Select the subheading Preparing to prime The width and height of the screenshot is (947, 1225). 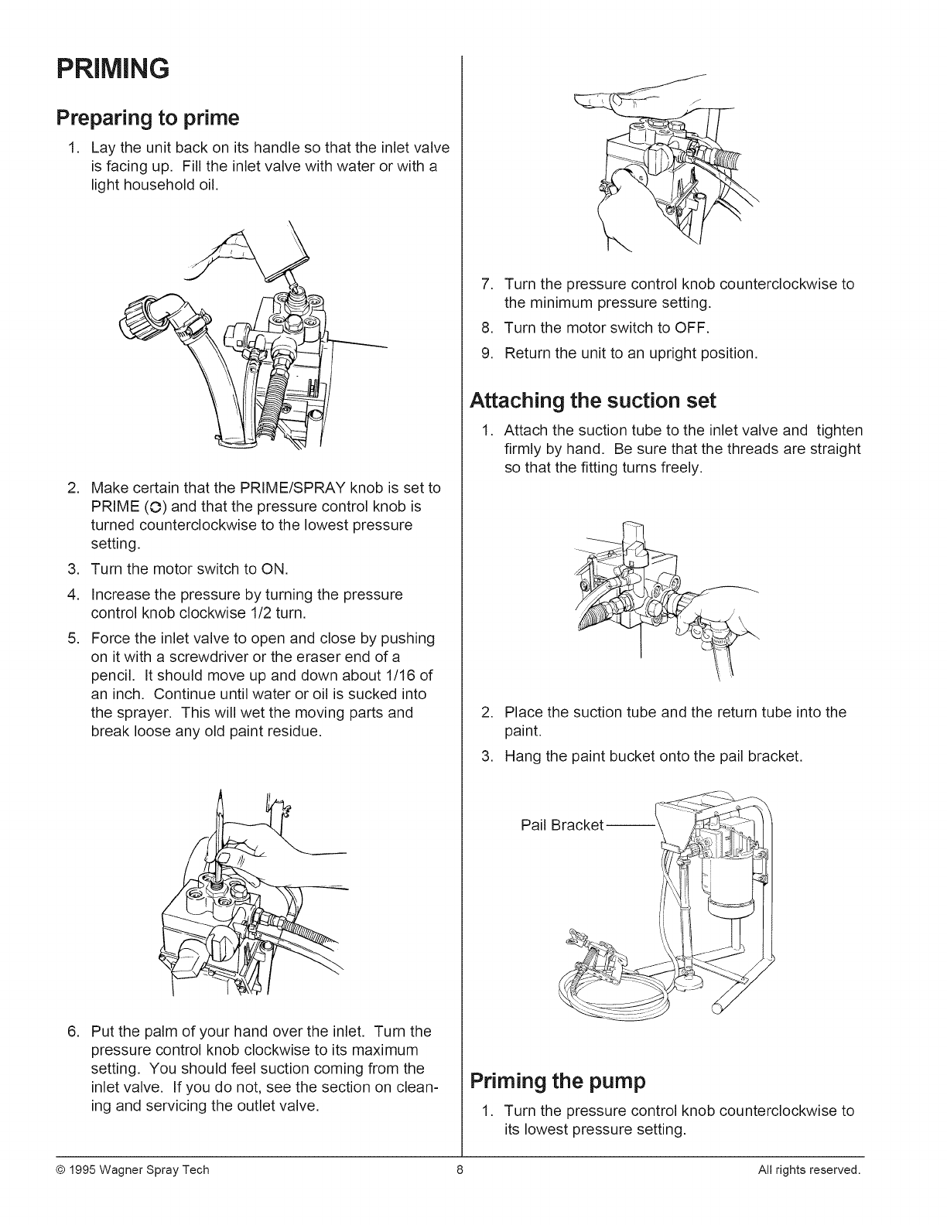tap(147, 118)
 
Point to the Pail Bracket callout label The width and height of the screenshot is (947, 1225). tap(562, 825)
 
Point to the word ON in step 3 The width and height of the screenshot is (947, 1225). tap(274, 570)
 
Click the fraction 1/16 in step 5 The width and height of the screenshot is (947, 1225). tap(401, 675)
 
